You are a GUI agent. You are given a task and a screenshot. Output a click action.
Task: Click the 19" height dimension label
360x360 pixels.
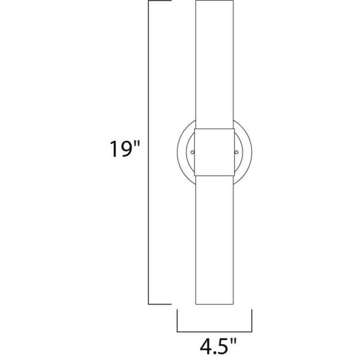(122, 149)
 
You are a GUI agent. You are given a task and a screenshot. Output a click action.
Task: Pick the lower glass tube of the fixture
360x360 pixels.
(214, 240)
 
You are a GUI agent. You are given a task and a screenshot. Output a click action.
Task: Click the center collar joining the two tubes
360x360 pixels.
(214, 152)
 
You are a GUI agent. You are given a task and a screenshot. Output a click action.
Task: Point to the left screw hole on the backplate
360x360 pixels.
(192, 152)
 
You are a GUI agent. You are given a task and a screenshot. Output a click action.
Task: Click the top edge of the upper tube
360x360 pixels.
(214, 2)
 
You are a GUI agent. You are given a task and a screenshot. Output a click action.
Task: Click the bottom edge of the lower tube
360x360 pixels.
(214, 304)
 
